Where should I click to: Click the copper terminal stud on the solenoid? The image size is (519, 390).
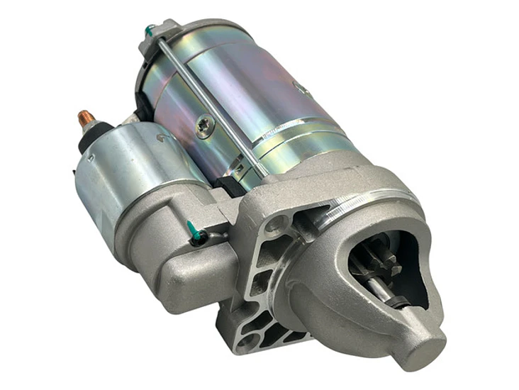pyautogui.click(x=86, y=119)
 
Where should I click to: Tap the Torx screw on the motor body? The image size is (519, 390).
pyautogui.click(x=204, y=126)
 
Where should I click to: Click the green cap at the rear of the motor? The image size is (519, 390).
pyautogui.click(x=150, y=31)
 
